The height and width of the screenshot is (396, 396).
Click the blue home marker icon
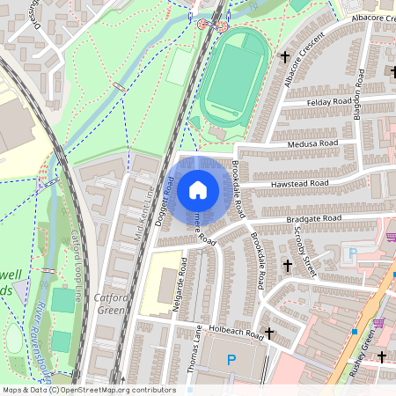198,189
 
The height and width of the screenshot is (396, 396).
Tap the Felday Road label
330,102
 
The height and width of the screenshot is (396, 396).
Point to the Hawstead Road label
301,183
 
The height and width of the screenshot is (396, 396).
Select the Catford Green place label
112,304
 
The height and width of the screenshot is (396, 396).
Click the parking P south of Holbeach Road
231,359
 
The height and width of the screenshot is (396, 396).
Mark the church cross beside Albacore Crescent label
284,57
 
